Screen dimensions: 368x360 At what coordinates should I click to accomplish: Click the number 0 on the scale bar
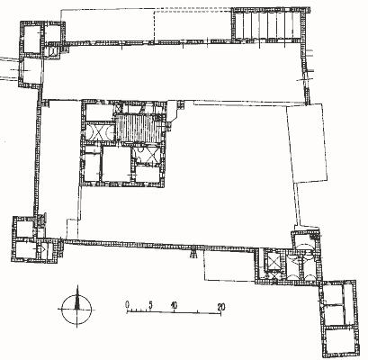click(128, 304)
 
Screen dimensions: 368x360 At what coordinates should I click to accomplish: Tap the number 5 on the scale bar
click(150, 305)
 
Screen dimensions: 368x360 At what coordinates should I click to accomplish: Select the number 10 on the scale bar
click(174, 305)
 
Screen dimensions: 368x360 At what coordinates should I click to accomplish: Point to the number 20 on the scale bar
click(221, 307)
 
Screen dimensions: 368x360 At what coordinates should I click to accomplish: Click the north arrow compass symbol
click(76, 309)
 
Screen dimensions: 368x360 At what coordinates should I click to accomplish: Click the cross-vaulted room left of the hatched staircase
click(98, 131)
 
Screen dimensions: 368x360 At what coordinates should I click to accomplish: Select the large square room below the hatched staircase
click(116, 164)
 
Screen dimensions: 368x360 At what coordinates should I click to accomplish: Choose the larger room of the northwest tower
click(31, 40)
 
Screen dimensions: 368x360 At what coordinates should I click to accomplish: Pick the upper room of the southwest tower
click(24, 229)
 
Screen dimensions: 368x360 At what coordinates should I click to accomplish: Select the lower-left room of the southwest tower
click(24, 250)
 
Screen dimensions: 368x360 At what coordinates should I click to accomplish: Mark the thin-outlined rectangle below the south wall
click(229, 265)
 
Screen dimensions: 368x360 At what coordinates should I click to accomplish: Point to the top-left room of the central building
click(99, 112)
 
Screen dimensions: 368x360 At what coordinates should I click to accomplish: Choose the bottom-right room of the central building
click(148, 174)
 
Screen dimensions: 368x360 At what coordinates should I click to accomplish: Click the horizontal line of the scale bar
click(174, 312)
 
